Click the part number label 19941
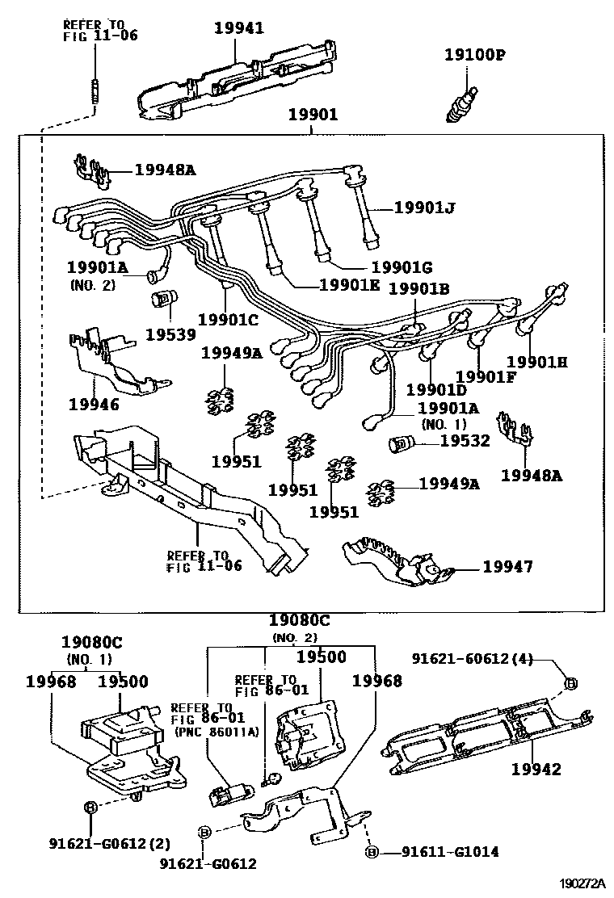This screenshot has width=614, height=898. point(238,28)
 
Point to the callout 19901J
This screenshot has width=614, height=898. point(425,208)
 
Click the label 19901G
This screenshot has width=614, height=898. point(402,267)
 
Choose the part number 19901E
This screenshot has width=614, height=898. point(351,284)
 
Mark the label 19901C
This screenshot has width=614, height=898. point(228,319)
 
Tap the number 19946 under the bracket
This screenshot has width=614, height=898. point(94,404)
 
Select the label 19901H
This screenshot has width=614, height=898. point(536,363)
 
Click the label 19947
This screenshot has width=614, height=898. point(507,567)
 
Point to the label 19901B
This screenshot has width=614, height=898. point(419,288)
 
